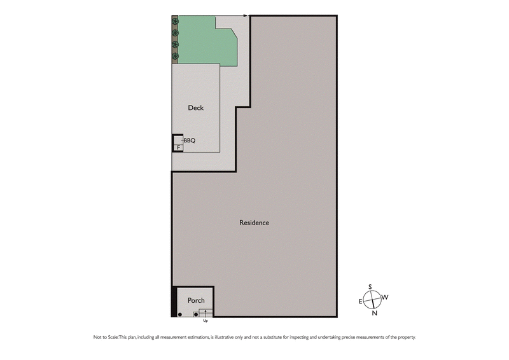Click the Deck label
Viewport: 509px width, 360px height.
196,108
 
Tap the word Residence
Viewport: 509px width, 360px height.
254,223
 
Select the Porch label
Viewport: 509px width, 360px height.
195,300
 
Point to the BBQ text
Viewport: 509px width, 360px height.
190,140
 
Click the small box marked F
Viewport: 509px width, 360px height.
178,147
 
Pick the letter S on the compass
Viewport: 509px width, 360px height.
369,287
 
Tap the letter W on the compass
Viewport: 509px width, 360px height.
386,297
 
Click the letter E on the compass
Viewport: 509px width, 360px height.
361,301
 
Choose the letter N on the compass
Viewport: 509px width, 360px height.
374,312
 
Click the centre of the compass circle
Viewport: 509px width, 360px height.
373,299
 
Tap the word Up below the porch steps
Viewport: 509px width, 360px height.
205,321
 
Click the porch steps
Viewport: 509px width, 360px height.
206,312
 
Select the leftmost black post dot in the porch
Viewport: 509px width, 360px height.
180,314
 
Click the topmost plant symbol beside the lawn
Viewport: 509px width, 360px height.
176,21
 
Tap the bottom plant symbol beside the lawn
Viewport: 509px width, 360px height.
176,56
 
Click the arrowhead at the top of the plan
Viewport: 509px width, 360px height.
246,15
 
